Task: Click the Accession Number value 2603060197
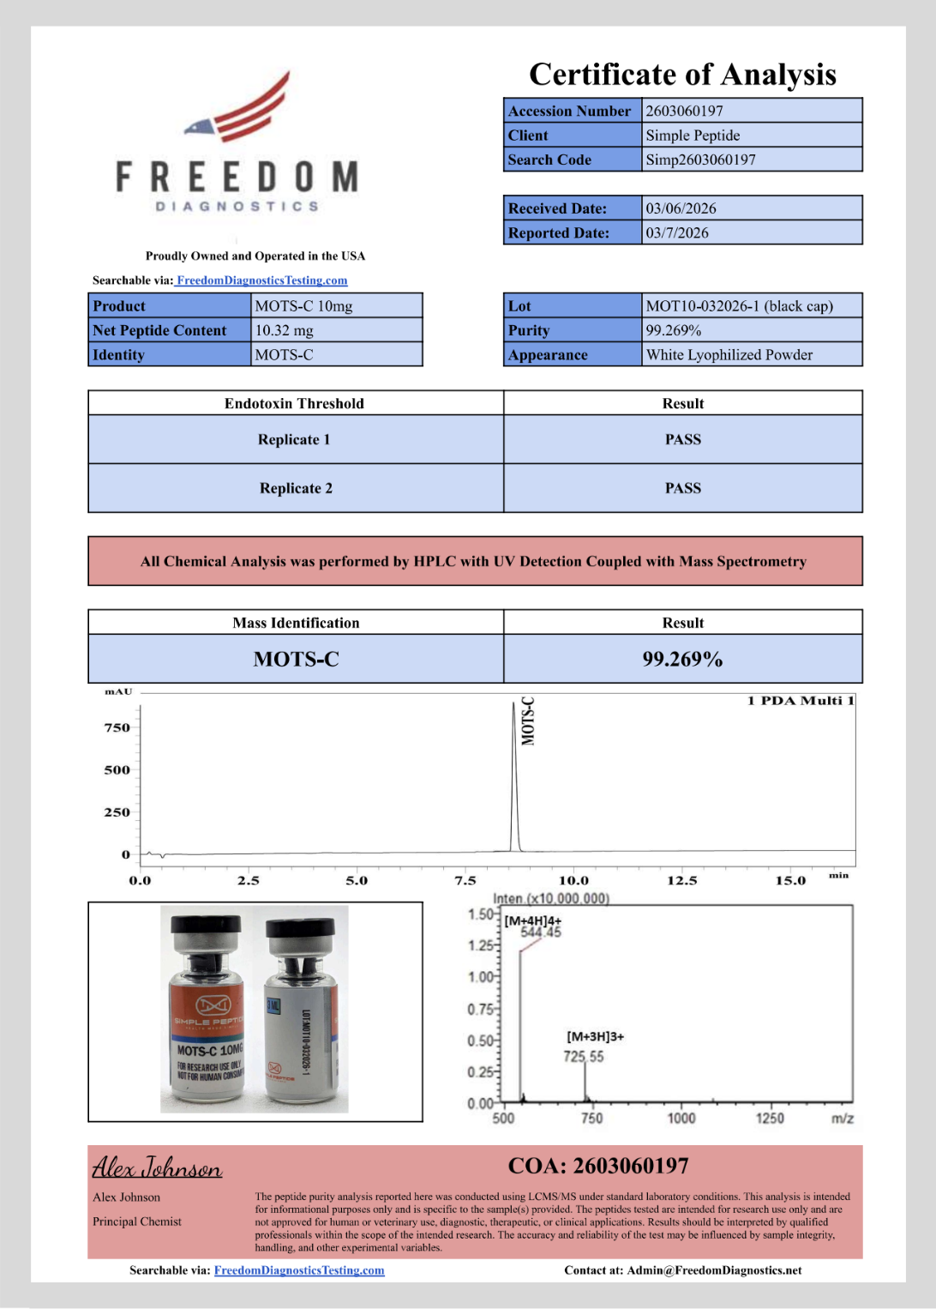tap(684, 111)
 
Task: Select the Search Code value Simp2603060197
tap(700, 160)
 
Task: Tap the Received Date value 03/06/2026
tap(681, 208)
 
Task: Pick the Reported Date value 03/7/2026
tap(677, 232)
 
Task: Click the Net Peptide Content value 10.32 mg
tap(285, 330)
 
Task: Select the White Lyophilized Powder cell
tap(729, 355)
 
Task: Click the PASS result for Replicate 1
tap(682, 439)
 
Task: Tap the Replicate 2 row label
tap(296, 488)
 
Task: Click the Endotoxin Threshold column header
tap(294, 403)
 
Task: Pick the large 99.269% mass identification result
tap(682, 659)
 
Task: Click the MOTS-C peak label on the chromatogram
tap(528, 721)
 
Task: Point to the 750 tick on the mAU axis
tap(117, 727)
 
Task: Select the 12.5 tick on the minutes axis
tap(682, 880)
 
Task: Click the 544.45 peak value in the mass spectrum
tap(541, 932)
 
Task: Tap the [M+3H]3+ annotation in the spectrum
tap(595, 1036)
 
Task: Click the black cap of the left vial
tap(206, 926)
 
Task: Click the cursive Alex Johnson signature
tap(157, 1167)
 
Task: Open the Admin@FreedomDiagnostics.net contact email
tap(714, 1270)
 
